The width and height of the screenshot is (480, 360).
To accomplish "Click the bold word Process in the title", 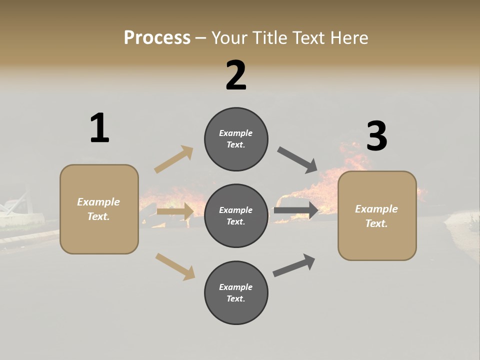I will point(157,37).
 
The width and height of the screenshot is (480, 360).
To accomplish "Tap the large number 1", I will point(99,128).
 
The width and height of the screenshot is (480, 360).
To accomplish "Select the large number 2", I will point(236,75).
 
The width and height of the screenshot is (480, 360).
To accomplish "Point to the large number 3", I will point(376,136).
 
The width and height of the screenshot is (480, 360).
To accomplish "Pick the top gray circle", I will point(236,139).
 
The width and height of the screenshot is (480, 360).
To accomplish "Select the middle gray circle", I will point(236,215).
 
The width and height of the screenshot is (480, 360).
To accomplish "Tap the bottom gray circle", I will point(236,292).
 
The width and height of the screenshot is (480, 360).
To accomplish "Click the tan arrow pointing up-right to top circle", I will point(174,159).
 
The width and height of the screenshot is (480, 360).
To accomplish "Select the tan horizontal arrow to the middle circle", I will point(175,211).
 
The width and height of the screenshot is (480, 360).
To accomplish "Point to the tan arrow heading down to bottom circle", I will point(175,266).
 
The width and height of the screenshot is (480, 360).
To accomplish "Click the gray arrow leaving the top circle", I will point(297,159).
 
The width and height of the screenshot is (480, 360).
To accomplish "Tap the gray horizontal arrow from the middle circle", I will point(296,210).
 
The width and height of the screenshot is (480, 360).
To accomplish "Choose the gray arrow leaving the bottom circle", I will point(294,265).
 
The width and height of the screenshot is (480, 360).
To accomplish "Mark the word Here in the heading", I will point(349,37).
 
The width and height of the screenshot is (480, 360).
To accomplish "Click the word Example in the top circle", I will point(235,133).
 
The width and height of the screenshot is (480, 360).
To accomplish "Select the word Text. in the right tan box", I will point(376,223).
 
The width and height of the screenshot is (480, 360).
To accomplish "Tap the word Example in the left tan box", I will point(98,202).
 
